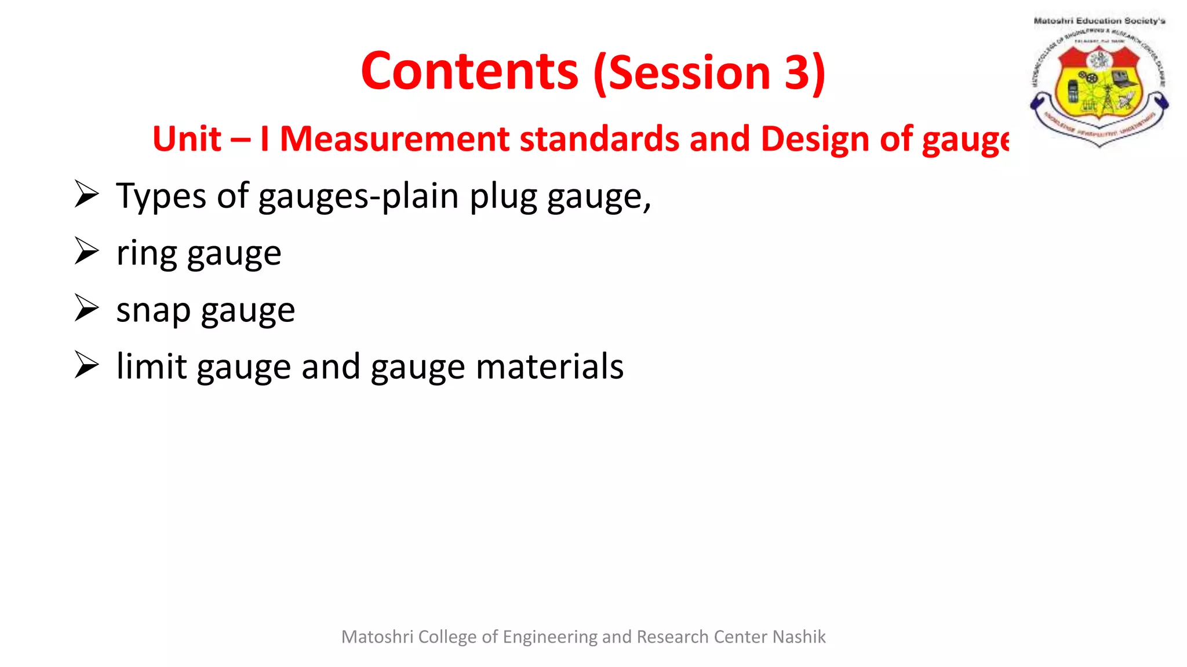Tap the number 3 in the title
(x=798, y=73)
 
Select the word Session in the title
(x=689, y=73)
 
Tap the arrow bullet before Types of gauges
(x=87, y=194)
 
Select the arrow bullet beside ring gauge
(x=87, y=251)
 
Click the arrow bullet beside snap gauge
(x=87, y=308)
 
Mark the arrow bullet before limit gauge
(x=87, y=365)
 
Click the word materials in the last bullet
(x=549, y=367)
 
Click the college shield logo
(x=1099, y=85)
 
